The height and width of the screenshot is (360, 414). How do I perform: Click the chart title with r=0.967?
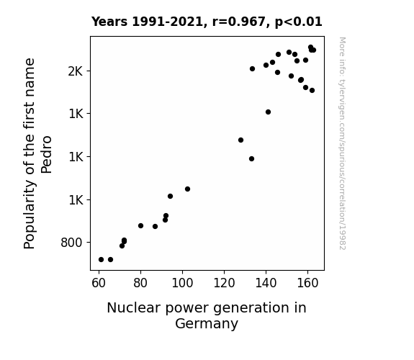pyautogui.click(x=207, y=22)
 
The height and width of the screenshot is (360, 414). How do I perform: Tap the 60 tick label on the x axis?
pyautogui.click(x=99, y=283)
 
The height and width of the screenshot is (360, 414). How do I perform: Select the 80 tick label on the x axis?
pyautogui.click(x=140, y=283)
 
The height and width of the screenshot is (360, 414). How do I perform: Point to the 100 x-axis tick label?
pyautogui.click(x=182, y=283)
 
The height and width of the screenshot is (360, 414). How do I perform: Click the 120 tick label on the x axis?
pyautogui.click(x=224, y=283)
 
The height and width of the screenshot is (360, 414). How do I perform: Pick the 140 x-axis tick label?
pyautogui.click(x=266, y=283)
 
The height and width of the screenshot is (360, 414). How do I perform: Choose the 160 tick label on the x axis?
pyautogui.click(x=307, y=283)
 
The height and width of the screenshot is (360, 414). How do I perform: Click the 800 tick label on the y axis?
pyautogui.click(x=71, y=243)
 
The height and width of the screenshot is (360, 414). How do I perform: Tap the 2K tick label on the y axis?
pyautogui.click(x=76, y=71)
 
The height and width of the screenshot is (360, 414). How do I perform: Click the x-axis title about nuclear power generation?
pyautogui.click(x=207, y=315)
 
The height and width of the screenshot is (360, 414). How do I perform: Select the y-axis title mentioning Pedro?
pyautogui.click(x=37, y=153)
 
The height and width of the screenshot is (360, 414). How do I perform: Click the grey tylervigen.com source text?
pyautogui.click(x=342, y=143)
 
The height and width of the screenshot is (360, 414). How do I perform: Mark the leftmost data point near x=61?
pyautogui.click(x=101, y=260)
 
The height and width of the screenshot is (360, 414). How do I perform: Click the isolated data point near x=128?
pyautogui.click(x=240, y=140)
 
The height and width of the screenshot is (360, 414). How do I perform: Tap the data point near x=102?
pyautogui.click(x=187, y=189)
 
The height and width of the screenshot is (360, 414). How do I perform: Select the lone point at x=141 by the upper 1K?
pyautogui.click(x=268, y=112)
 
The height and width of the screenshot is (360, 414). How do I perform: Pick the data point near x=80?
pyautogui.click(x=140, y=226)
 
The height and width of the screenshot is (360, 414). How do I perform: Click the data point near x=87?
pyautogui.click(x=155, y=227)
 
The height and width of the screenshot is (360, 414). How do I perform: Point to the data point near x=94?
pyautogui.click(x=171, y=197)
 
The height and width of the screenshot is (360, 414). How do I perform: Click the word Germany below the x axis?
pyautogui.click(x=207, y=324)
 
